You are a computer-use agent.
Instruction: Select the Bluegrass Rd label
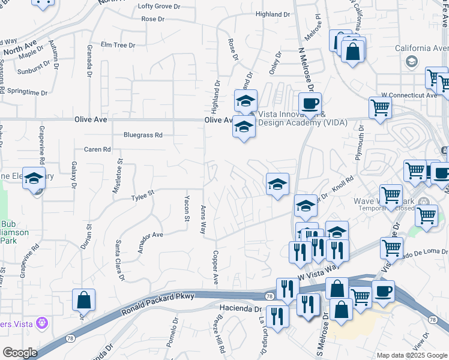point(143,135)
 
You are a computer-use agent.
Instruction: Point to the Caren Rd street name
point(97,149)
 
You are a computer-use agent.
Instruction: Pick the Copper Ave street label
point(214,268)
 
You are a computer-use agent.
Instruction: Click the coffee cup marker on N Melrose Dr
point(310,104)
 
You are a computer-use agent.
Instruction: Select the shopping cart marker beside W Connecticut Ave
point(380,109)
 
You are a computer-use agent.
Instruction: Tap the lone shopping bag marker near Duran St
point(84,300)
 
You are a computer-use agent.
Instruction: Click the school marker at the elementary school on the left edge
point(34,178)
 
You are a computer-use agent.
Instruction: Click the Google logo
point(20,353)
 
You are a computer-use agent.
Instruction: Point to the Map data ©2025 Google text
point(411,355)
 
